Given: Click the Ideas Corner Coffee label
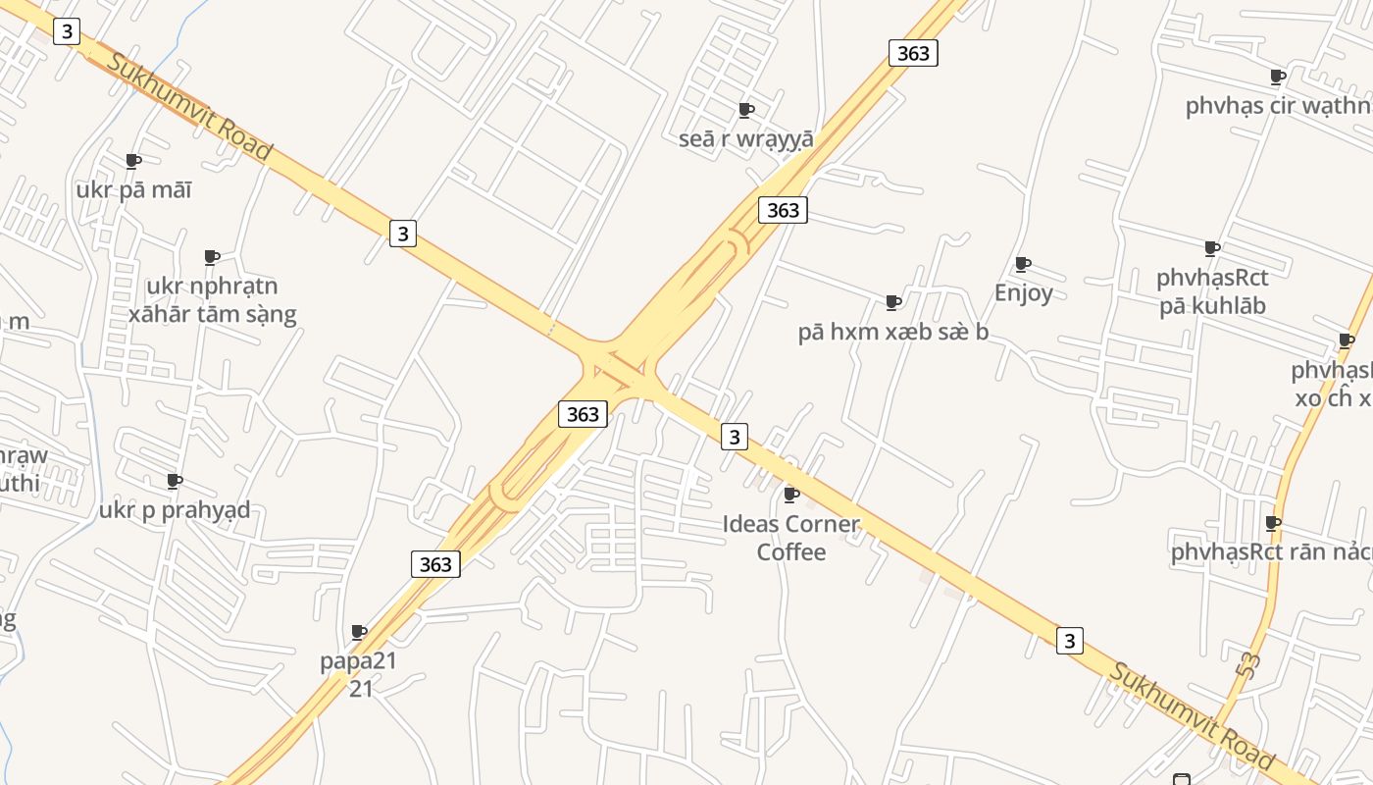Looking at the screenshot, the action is click(x=790, y=538).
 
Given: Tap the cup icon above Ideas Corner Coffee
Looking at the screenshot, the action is click(x=790, y=494).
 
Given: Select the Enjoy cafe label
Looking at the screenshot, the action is click(x=1023, y=292).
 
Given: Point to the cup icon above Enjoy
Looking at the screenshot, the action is click(x=1023, y=263).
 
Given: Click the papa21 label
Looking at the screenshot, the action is click(x=359, y=673).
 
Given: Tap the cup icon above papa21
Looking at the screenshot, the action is click(x=359, y=632).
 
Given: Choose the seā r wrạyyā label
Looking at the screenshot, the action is click(x=745, y=138).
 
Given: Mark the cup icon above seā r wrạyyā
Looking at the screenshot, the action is click(x=745, y=109).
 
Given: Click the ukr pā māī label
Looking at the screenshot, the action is click(x=133, y=189).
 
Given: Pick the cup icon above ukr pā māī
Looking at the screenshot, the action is click(x=133, y=160).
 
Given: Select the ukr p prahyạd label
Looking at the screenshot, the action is click(x=175, y=510).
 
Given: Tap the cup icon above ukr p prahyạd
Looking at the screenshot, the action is click(x=175, y=481).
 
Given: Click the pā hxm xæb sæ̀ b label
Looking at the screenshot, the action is click(x=892, y=332).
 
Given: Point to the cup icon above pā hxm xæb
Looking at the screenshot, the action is click(x=892, y=301).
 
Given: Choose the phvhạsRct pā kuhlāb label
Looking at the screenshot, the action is click(x=1212, y=291).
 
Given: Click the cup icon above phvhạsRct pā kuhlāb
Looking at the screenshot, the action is click(x=1212, y=248).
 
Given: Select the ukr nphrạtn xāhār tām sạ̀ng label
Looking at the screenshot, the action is click(x=212, y=300).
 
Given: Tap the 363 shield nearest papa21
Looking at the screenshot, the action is click(x=434, y=564).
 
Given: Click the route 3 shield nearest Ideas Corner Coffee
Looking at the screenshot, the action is click(x=734, y=436).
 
